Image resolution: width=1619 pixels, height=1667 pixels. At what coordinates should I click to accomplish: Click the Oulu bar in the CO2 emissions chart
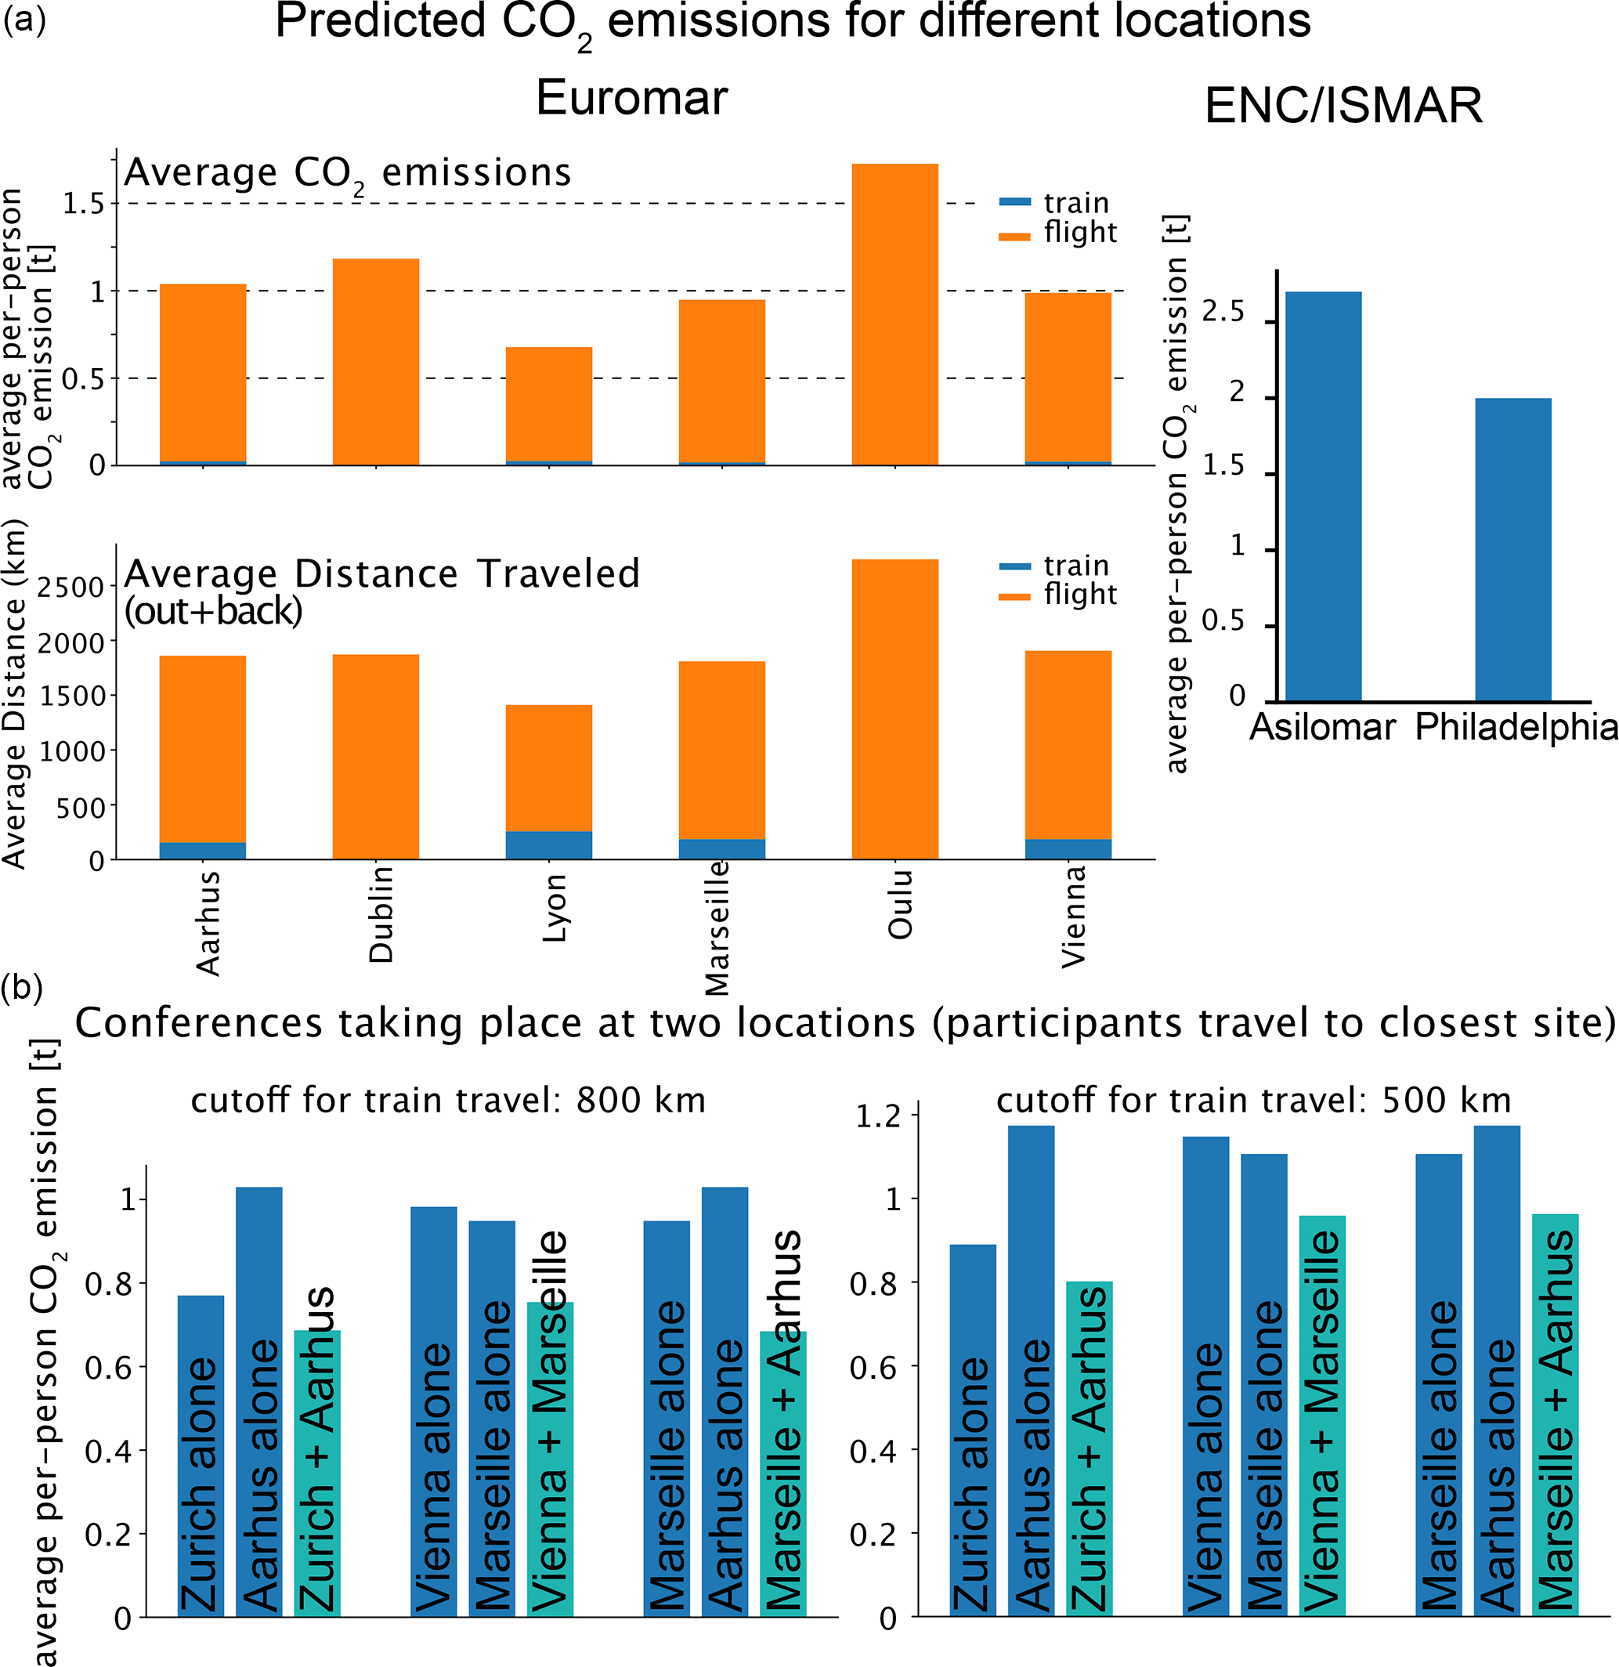(x=894, y=315)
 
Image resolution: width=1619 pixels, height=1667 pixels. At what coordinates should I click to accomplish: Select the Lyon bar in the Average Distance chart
(x=548, y=782)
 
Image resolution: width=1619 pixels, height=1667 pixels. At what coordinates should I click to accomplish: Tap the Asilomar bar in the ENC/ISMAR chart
(x=1323, y=497)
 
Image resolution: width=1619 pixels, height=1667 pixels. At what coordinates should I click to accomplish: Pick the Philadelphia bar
(x=1512, y=549)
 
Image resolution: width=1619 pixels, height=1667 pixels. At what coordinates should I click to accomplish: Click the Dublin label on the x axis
(x=381, y=914)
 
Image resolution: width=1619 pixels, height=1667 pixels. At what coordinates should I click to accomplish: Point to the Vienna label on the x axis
(x=1073, y=916)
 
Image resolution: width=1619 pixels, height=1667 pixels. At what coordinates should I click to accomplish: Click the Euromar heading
(x=631, y=98)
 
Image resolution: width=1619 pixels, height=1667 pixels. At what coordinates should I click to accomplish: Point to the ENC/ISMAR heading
(x=1343, y=107)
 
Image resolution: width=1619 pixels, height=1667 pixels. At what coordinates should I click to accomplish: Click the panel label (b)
(x=22, y=989)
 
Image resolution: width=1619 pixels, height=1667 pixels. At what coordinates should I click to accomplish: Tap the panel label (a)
(x=23, y=19)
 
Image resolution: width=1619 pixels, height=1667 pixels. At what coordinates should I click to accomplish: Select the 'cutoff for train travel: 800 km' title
(x=448, y=1101)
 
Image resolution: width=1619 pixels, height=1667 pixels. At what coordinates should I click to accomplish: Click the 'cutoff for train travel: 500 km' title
(x=1253, y=1101)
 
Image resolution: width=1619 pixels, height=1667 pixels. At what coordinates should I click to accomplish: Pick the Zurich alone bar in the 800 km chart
(x=201, y=1455)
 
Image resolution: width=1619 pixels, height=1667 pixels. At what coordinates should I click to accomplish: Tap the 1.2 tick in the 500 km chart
(x=877, y=1116)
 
